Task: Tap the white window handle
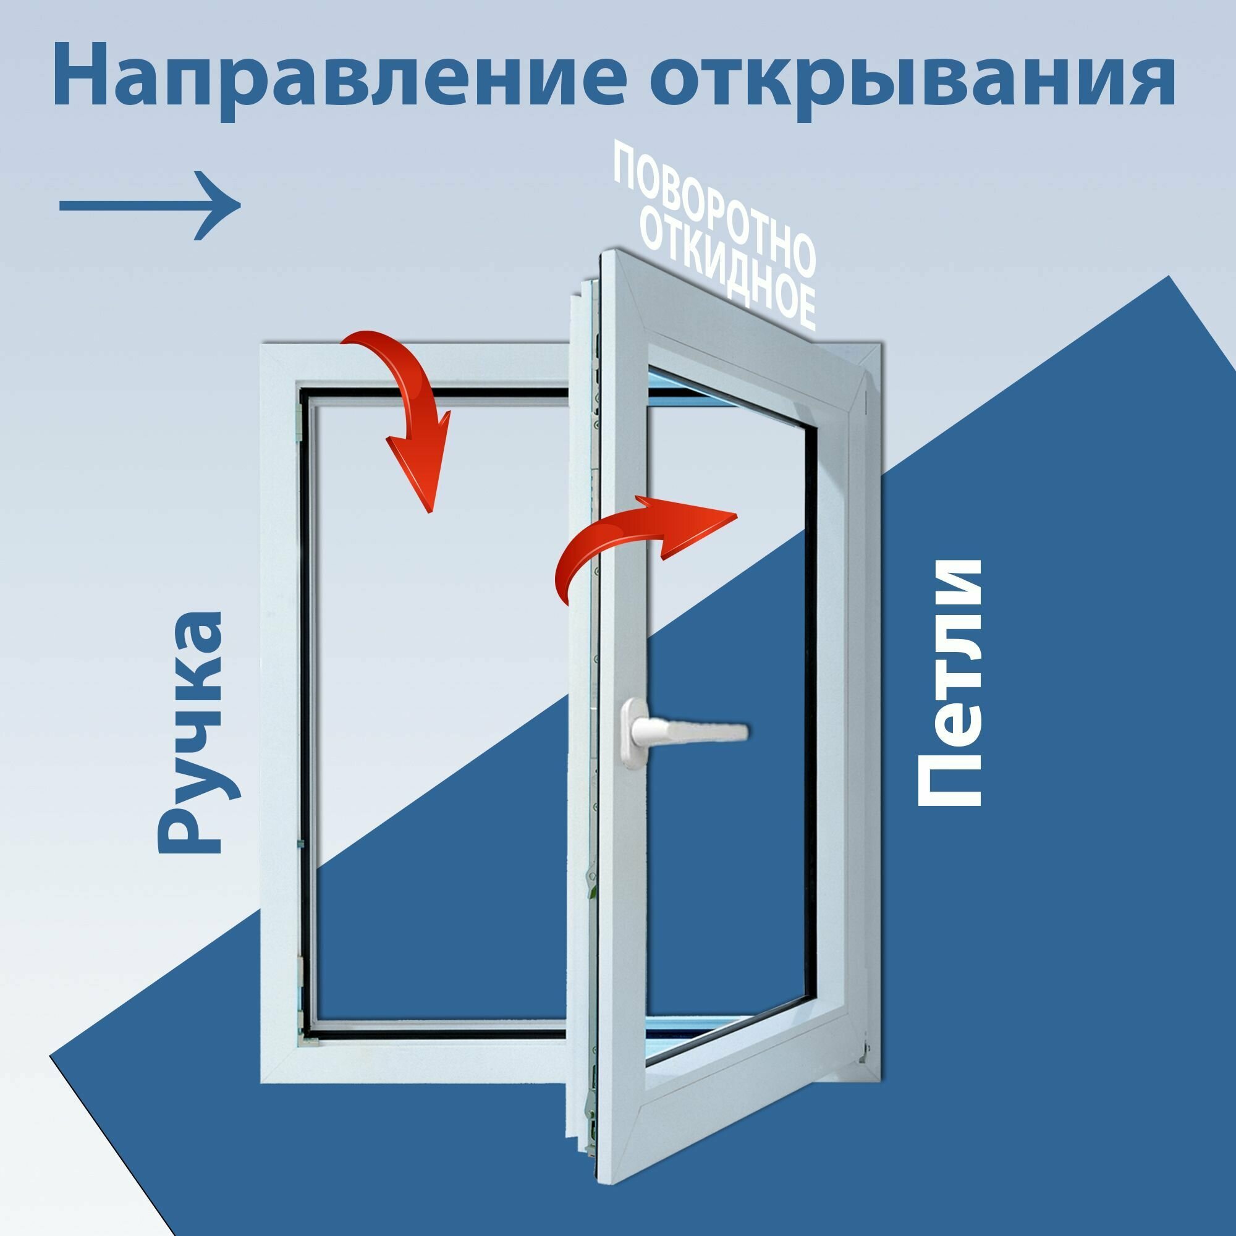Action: click(685, 729)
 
